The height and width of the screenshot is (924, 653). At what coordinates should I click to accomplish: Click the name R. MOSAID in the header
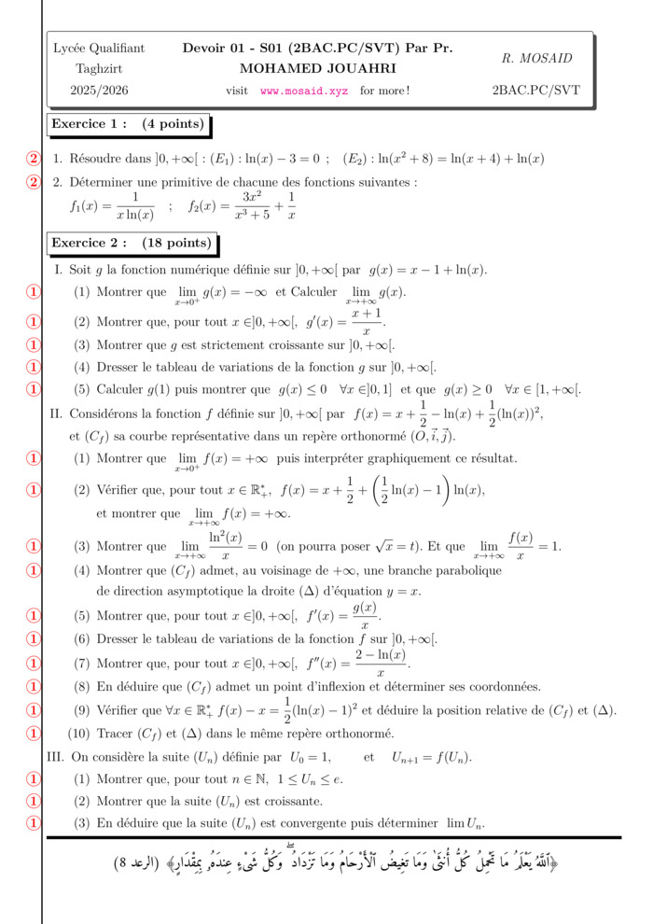[536, 58]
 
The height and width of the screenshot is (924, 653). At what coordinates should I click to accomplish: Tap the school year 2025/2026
[99, 91]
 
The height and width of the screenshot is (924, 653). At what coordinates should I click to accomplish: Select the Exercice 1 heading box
[128, 124]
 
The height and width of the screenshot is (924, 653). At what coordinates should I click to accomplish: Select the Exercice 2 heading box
[132, 244]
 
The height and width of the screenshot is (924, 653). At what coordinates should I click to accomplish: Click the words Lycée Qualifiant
[99, 48]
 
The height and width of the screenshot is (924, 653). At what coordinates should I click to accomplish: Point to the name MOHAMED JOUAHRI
[318, 68]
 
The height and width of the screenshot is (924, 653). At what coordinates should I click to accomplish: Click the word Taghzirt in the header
[99, 69]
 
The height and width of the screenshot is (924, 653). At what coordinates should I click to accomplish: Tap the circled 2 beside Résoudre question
[35, 159]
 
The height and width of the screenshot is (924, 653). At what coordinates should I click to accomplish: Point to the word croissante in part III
[294, 801]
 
